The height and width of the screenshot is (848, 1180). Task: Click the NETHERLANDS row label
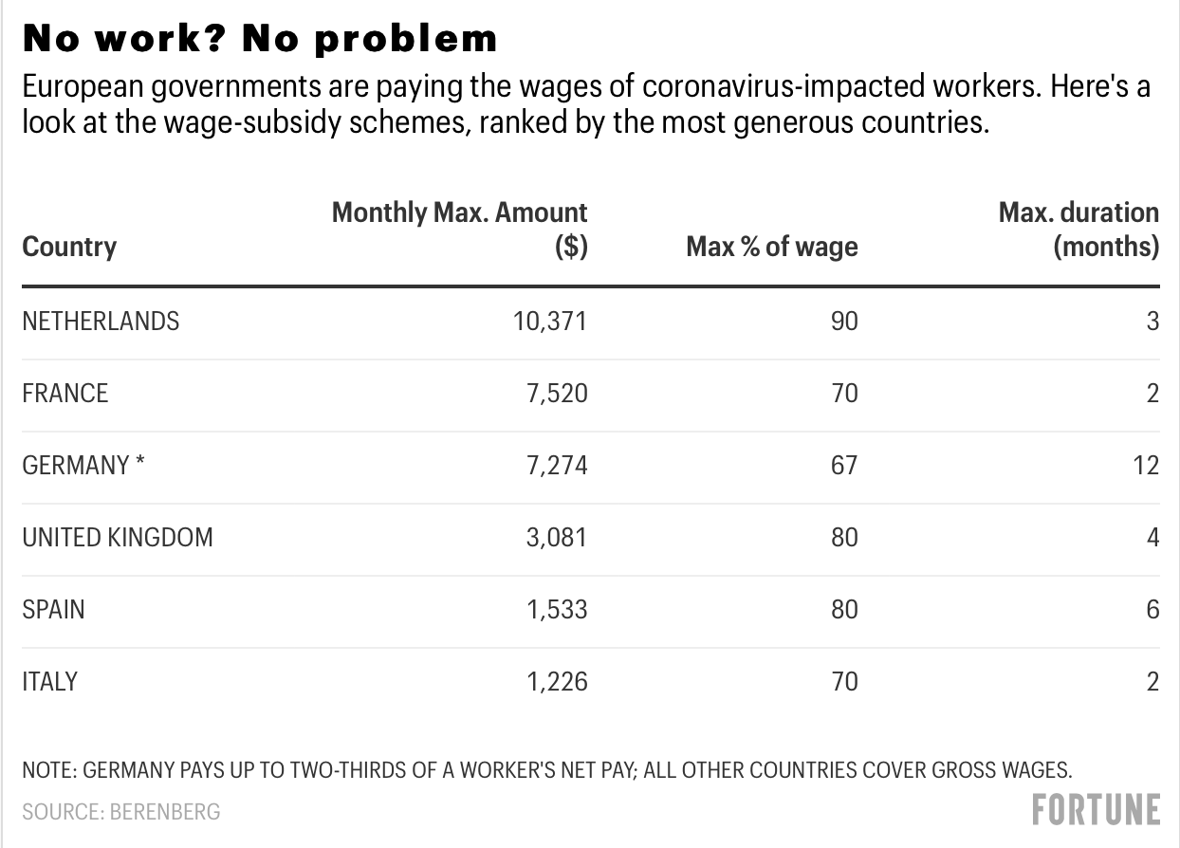pos(101,322)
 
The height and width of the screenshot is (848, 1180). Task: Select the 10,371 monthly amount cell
pos(550,322)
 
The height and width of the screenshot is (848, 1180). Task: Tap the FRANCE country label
pos(65,394)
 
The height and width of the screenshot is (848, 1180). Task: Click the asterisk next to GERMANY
pos(140,464)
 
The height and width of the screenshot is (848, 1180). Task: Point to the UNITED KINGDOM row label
pos(118,538)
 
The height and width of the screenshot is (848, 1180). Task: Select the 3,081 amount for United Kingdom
pos(557,538)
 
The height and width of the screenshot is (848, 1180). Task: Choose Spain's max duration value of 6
pos(1152,609)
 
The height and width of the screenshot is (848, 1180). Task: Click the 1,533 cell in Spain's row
pos(557,609)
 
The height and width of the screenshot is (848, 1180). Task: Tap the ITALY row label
pos(49,681)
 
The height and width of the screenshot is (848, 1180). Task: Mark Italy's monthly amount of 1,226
pos(557,681)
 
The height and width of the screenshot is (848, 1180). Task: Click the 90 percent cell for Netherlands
pos(843,322)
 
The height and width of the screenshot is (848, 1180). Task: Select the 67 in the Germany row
pos(843,466)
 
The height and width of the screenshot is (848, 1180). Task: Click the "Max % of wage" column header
pos(771,248)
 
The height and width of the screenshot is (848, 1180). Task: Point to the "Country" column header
pos(69,248)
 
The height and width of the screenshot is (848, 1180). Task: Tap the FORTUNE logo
pos(1096,810)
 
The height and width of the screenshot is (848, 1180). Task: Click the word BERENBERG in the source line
pos(165,812)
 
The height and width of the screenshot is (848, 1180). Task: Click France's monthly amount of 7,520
pos(557,394)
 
